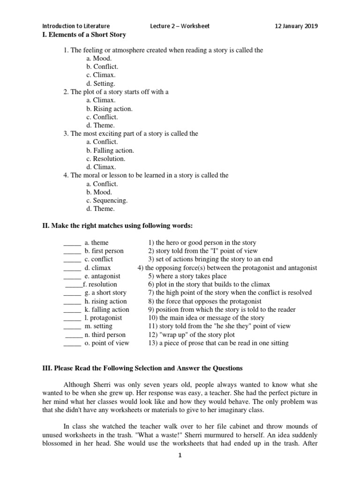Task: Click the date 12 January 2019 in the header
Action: coord(296,26)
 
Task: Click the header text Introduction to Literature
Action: coord(76,26)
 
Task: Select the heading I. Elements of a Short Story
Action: coord(84,35)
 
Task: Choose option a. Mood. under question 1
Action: coord(99,59)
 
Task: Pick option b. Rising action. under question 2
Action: coord(109,109)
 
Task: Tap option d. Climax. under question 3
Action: coord(101,167)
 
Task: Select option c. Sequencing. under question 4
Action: coord(107,201)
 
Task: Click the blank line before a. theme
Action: coord(72,243)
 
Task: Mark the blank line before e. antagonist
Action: coord(72,277)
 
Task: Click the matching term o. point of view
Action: coord(107,343)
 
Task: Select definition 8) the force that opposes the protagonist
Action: coord(204,301)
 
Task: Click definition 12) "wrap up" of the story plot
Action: coord(198,335)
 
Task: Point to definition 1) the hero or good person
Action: coord(202,243)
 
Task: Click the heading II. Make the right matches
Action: coord(118,226)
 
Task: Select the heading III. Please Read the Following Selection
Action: coord(142,368)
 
